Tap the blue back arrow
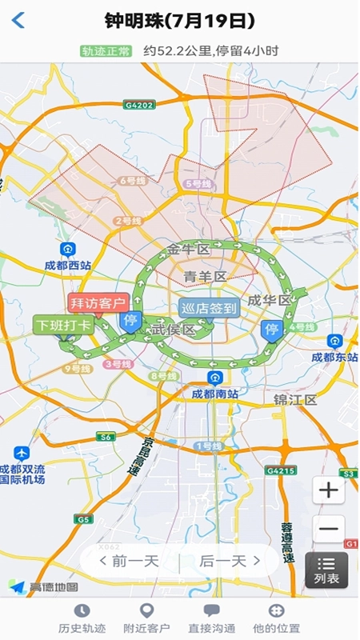tap(18, 21)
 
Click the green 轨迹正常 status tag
tap(106, 51)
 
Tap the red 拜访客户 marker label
tap(98, 302)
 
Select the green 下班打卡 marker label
tap(63, 325)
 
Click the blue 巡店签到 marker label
tap(208, 308)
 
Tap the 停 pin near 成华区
tap(272, 329)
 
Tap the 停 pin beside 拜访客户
tap(130, 320)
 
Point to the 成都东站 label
tap(333, 356)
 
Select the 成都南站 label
tap(214, 393)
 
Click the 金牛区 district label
tap(189, 250)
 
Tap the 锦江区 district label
tap(295, 399)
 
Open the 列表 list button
tap(326, 570)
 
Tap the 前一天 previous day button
tap(129, 561)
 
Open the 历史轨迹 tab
tap(82, 618)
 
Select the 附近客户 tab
tap(146, 618)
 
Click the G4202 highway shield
tap(138, 104)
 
